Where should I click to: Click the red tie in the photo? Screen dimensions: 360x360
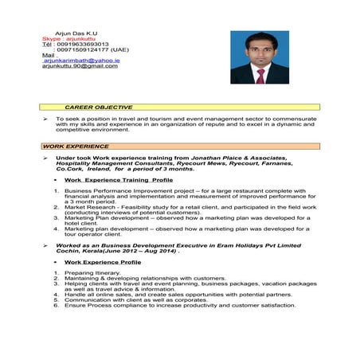[x=260, y=76]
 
